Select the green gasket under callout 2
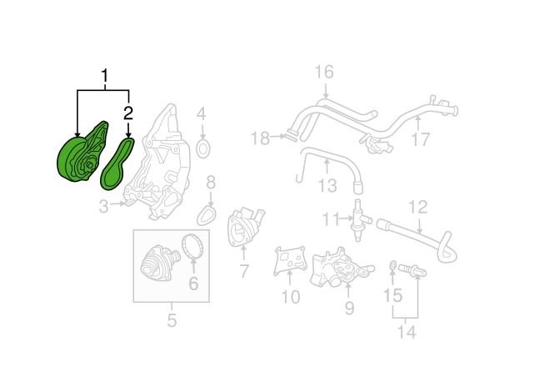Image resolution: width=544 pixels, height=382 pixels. click(x=117, y=165)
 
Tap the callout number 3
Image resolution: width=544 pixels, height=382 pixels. click(x=104, y=207)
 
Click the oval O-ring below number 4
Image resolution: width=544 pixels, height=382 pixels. click(x=203, y=149)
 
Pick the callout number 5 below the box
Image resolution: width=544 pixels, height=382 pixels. click(x=172, y=320)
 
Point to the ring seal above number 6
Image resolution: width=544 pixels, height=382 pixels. click(x=194, y=247)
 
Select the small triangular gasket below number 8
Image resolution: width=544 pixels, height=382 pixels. click(x=207, y=215)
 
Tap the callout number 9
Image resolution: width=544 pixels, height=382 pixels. click(x=349, y=308)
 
